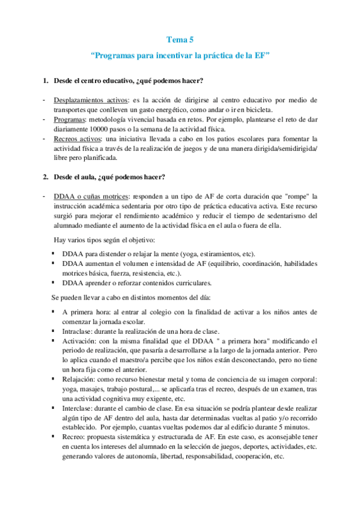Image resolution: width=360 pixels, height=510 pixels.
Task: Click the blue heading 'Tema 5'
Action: (180, 40)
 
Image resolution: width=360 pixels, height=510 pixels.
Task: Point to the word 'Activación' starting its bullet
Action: (78, 341)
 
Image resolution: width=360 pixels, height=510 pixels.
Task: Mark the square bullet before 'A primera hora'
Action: (54, 312)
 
